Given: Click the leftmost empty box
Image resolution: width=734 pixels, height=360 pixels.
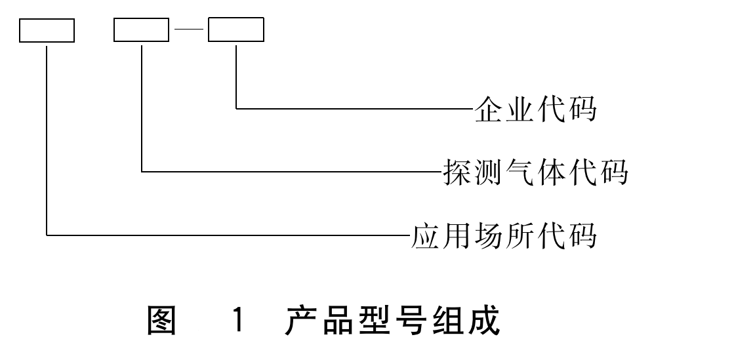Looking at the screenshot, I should (x=47, y=31).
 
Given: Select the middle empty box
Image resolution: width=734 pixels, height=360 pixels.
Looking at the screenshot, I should (x=142, y=31).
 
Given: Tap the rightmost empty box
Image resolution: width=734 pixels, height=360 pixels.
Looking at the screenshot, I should (x=236, y=31).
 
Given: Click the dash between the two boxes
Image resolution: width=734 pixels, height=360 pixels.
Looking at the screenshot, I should (x=189, y=31).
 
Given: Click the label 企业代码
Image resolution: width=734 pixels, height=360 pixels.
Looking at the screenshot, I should (x=535, y=108).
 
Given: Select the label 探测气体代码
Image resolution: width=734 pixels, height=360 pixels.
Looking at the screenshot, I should (x=535, y=172).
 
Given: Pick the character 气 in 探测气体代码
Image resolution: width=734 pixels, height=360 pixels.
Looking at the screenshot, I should (x=519, y=172).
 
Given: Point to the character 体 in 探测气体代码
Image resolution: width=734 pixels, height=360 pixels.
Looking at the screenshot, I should (x=550, y=172).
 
